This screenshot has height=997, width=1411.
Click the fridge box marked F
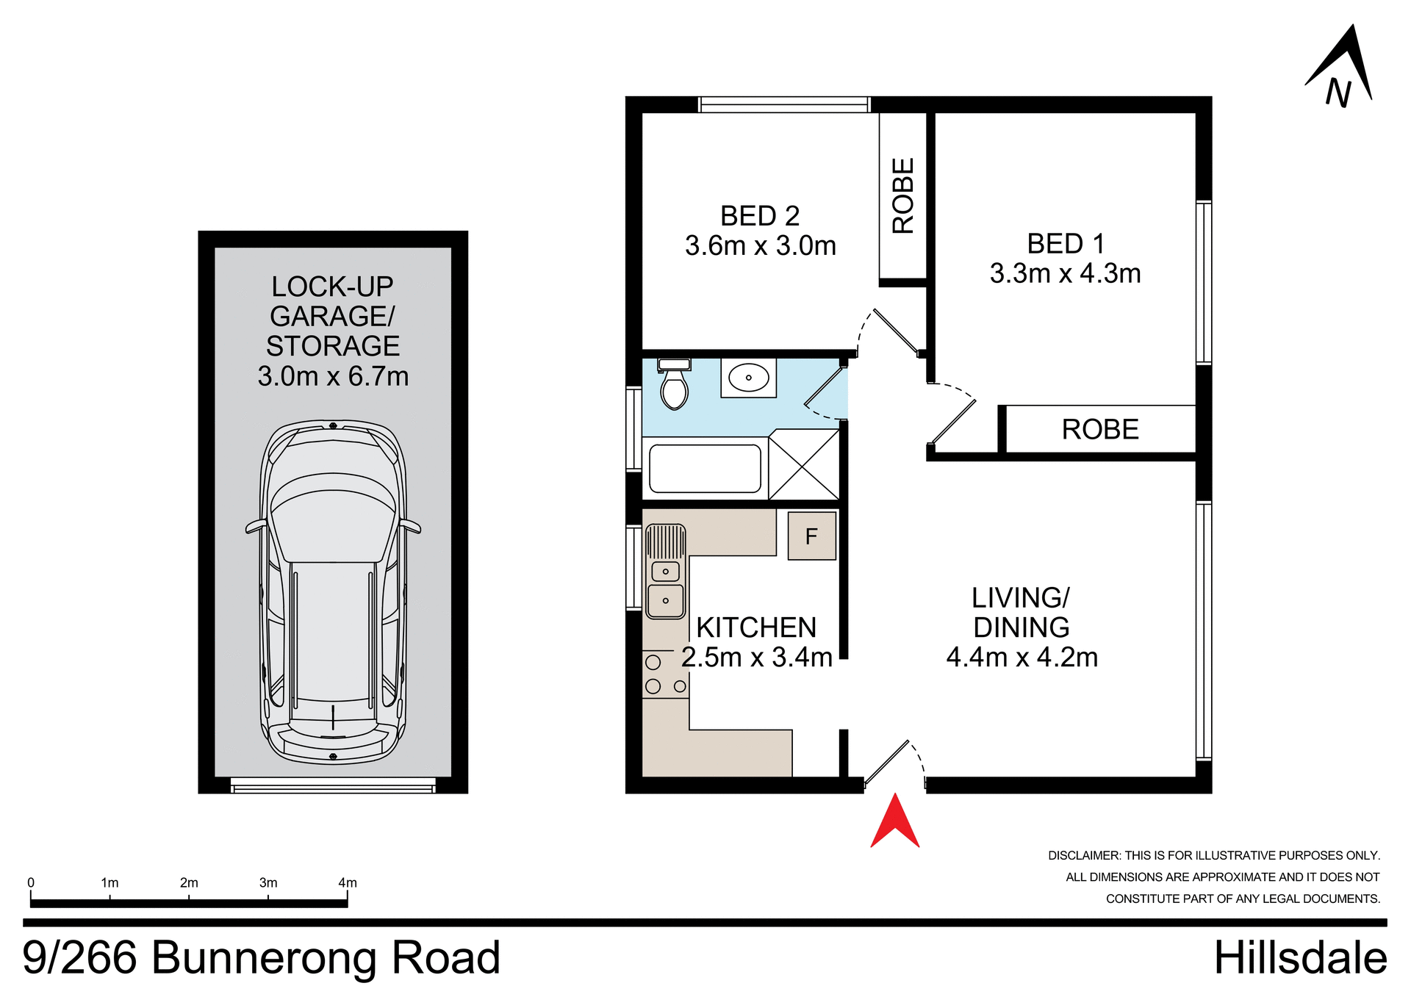click(811, 536)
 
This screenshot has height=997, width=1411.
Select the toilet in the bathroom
click(673, 386)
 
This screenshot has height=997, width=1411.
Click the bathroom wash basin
click(748, 378)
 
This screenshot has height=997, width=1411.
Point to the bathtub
click(705, 469)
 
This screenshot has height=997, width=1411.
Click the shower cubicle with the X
click(804, 464)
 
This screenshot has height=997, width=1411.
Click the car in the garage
click(333, 591)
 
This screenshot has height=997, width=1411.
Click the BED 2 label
click(760, 216)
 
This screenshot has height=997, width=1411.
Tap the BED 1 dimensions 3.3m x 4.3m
click(1065, 274)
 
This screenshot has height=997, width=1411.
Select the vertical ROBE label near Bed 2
click(902, 195)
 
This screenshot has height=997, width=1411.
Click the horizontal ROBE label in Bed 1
click(1099, 430)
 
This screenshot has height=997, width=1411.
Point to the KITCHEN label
click(756, 628)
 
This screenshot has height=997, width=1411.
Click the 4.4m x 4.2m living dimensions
click(1022, 658)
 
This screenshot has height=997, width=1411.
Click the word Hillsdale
click(1300, 958)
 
